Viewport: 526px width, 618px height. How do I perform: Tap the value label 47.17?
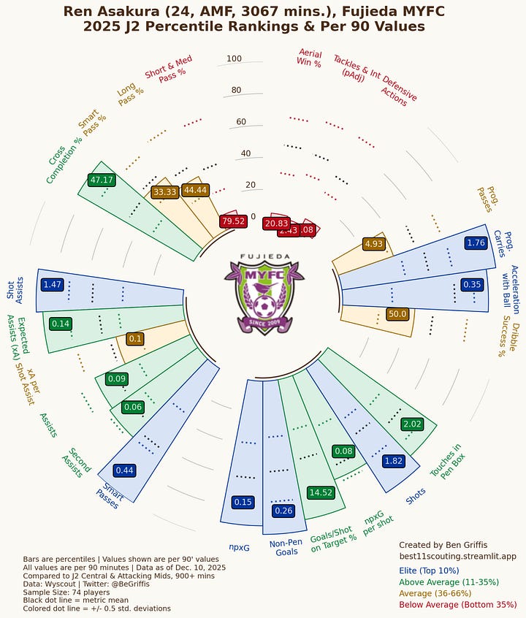[100, 180]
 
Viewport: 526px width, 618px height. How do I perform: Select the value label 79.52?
[232, 221]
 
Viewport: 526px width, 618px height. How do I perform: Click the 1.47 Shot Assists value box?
[53, 284]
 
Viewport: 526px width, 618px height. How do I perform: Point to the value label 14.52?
[321, 492]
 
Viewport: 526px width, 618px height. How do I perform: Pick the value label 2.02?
[412, 424]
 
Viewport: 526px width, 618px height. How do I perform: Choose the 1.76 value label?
[476, 243]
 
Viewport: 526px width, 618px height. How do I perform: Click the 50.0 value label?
[397, 313]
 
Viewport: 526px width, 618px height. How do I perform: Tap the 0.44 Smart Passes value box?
[124, 470]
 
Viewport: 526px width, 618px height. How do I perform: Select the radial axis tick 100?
[234, 59]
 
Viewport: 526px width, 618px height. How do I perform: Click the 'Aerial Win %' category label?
[310, 58]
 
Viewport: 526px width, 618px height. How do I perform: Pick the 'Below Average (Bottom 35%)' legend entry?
[457, 604]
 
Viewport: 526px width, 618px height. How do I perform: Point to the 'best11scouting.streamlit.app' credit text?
[457, 556]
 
